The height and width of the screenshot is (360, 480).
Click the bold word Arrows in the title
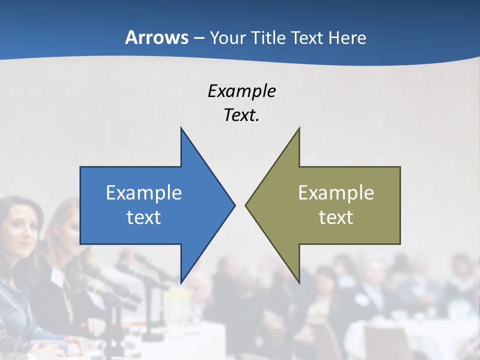point(156,37)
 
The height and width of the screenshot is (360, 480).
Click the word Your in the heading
point(228,37)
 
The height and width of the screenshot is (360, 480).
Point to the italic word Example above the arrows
point(241,91)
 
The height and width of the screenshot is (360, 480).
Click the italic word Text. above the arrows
point(241,115)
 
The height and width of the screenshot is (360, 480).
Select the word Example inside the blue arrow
point(144,192)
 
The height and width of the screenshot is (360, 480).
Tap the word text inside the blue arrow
point(144,217)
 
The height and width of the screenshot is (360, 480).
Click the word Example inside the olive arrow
point(336,192)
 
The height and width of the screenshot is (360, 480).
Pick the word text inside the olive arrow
point(336,217)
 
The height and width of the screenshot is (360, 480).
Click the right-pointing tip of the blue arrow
point(234,205)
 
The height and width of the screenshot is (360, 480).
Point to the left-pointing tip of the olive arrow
point(246,205)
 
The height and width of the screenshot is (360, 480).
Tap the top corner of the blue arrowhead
point(181,128)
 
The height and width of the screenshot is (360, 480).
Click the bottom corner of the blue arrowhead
point(181,283)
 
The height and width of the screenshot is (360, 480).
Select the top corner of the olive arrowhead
point(299,128)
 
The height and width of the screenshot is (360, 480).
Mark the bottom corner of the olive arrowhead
point(299,283)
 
